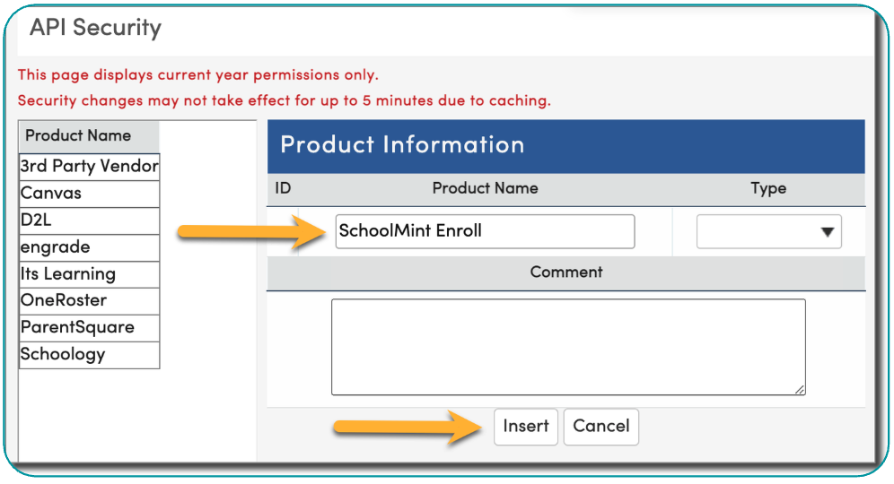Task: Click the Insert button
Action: [526, 427]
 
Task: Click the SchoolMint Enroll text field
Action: [485, 231]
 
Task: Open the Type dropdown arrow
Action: [828, 232]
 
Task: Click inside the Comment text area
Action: [568, 347]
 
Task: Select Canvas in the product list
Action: [89, 194]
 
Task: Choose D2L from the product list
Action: [89, 220]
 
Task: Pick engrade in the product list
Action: [89, 247]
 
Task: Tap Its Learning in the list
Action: [89, 274]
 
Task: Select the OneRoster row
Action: [89, 300]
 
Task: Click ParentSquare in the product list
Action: [89, 328]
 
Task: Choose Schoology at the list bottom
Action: [89, 355]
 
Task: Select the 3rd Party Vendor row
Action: [89, 167]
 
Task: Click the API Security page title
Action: [95, 27]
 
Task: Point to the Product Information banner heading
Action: [402, 144]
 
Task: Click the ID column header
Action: [283, 188]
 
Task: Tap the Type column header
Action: [768, 188]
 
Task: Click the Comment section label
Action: [566, 272]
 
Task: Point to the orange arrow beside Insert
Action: [408, 427]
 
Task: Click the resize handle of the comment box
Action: [800, 390]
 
